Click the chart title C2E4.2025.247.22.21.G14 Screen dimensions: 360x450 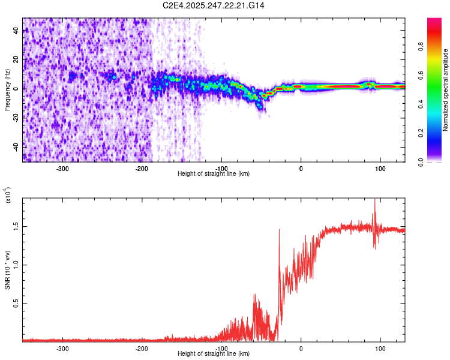[214, 5]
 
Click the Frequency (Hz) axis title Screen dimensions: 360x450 [7, 89]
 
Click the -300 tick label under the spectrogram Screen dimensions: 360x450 [63, 168]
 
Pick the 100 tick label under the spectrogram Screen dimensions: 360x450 [380, 168]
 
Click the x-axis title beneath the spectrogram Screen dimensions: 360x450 [214, 173]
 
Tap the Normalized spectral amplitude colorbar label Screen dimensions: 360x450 [446, 89]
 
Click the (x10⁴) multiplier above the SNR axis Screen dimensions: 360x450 [8, 196]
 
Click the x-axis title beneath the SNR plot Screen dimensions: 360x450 [214, 353]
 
